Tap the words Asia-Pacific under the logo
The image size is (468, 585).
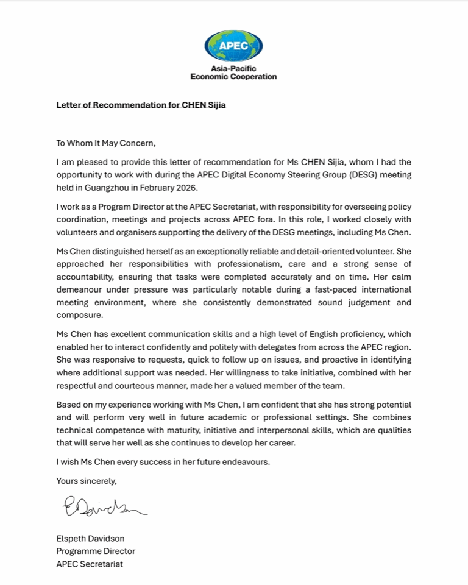coord(233,68)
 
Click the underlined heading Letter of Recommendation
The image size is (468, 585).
coord(141,105)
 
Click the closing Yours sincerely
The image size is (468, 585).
coord(86,481)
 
